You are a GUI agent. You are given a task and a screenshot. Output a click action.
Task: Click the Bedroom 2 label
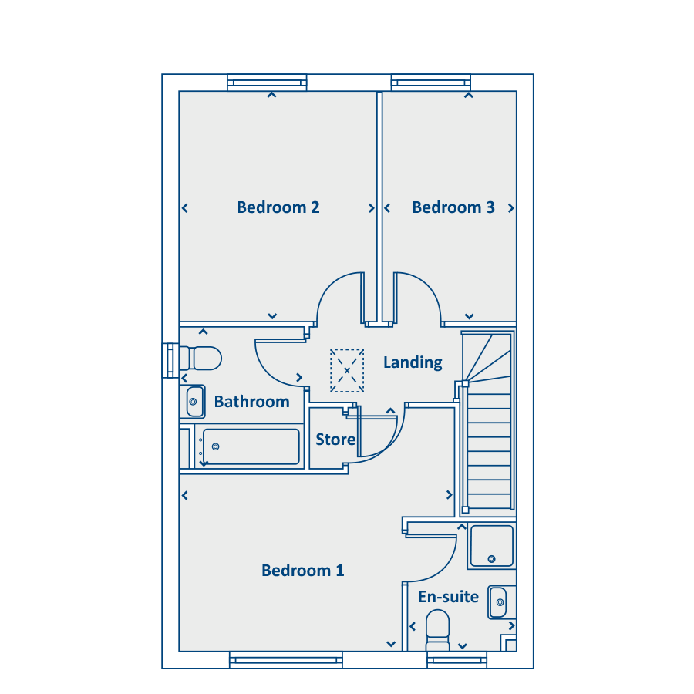[x=278, y=207]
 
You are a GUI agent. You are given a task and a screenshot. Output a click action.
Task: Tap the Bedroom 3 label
[x=453, y=207]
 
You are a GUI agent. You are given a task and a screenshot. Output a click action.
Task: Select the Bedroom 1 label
[x=303, y=570]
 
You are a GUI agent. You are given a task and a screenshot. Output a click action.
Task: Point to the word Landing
[x=413, y=362]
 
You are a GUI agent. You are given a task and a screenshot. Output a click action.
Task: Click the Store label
[x=335, y=439]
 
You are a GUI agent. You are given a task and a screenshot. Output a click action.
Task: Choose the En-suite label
[x=448, y=597]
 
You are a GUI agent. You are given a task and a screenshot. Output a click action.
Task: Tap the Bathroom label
[x=252, y=402]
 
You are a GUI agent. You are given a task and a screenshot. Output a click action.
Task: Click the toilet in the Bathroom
[x=200, y=358]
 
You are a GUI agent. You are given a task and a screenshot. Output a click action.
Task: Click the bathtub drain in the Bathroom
[x=216, y=446]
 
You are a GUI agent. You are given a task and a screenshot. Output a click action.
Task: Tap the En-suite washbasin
[x=498, y=602]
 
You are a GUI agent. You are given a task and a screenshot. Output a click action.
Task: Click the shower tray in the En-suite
[x=492, y=546]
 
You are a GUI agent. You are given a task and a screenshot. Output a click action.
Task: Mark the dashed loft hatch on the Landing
[x=347, y=370]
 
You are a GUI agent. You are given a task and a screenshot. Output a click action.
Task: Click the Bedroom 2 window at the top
[x=267, y=83]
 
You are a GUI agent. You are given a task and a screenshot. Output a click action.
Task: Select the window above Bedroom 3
[x=430, y=83]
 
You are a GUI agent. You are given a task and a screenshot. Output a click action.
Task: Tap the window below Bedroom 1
[x=286, y=660]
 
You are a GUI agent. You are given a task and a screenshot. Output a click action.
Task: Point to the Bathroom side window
[x=170, y=361]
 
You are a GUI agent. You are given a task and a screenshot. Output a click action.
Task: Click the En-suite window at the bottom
[x=456, y=660]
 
